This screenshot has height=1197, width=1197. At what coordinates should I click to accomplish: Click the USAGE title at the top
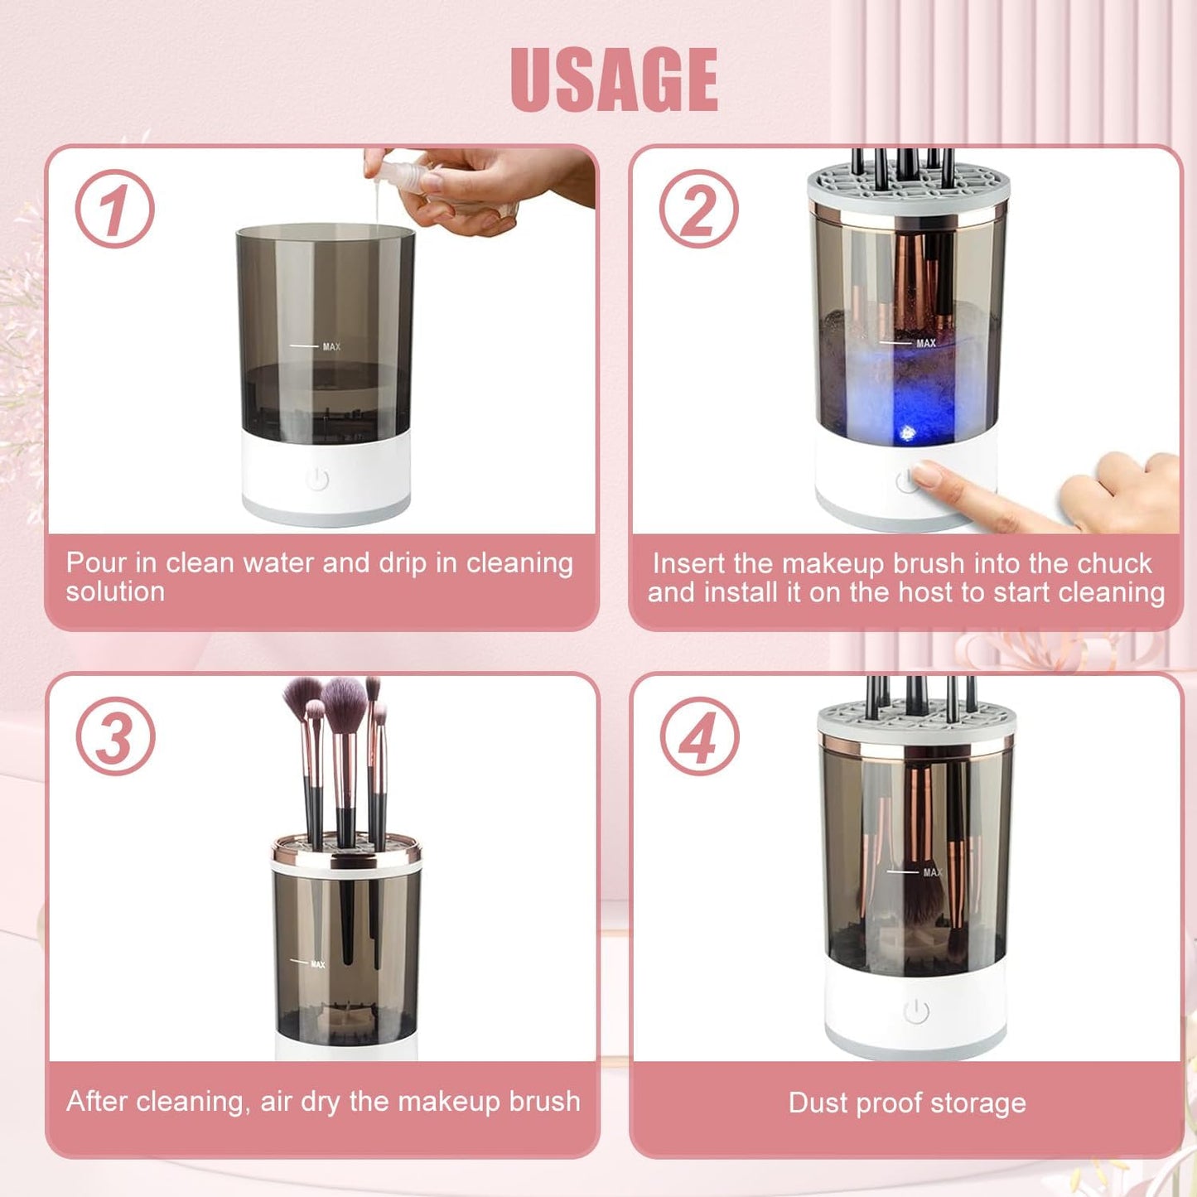[614, 80]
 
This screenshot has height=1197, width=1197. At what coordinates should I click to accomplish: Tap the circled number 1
[114, 209]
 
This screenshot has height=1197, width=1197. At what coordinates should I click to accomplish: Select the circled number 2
[698, 209]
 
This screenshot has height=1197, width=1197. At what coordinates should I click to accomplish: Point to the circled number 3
[115, 736]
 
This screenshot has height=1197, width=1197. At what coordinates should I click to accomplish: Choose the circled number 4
[699, 736]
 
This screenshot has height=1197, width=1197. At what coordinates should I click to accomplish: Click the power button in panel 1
[317, 479]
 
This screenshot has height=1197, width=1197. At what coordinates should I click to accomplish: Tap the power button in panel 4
[915, 1011]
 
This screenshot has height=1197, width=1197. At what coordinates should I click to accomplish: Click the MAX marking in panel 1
[331, 346]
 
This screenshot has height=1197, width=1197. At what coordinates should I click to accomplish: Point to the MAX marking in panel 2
[925, 343]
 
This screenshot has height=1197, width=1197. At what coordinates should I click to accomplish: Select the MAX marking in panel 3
[317, 964]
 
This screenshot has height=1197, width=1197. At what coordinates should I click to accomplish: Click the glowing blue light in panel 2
[907, 432]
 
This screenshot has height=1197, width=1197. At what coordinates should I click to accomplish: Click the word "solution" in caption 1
[115, 592]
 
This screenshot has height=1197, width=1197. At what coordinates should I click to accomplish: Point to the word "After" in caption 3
[97, 1102]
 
